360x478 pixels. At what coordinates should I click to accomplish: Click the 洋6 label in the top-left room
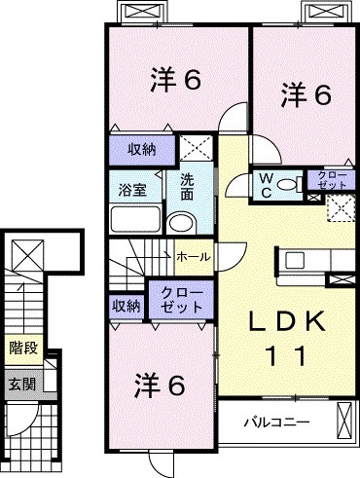(x=175, y=79)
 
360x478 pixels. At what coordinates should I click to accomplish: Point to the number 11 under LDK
(x=283, y=355)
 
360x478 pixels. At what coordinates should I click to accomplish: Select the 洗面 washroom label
(x=187, y=187)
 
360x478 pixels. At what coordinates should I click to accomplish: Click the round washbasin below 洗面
(x=181, y=224)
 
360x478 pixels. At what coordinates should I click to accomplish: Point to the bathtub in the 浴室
(x=135, y=218)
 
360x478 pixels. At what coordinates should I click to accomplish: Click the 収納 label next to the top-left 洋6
(x=140, y=149)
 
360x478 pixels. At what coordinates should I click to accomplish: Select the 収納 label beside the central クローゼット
(x=126, y=305)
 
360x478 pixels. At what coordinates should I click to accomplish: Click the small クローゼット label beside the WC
(x=331, y=179)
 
